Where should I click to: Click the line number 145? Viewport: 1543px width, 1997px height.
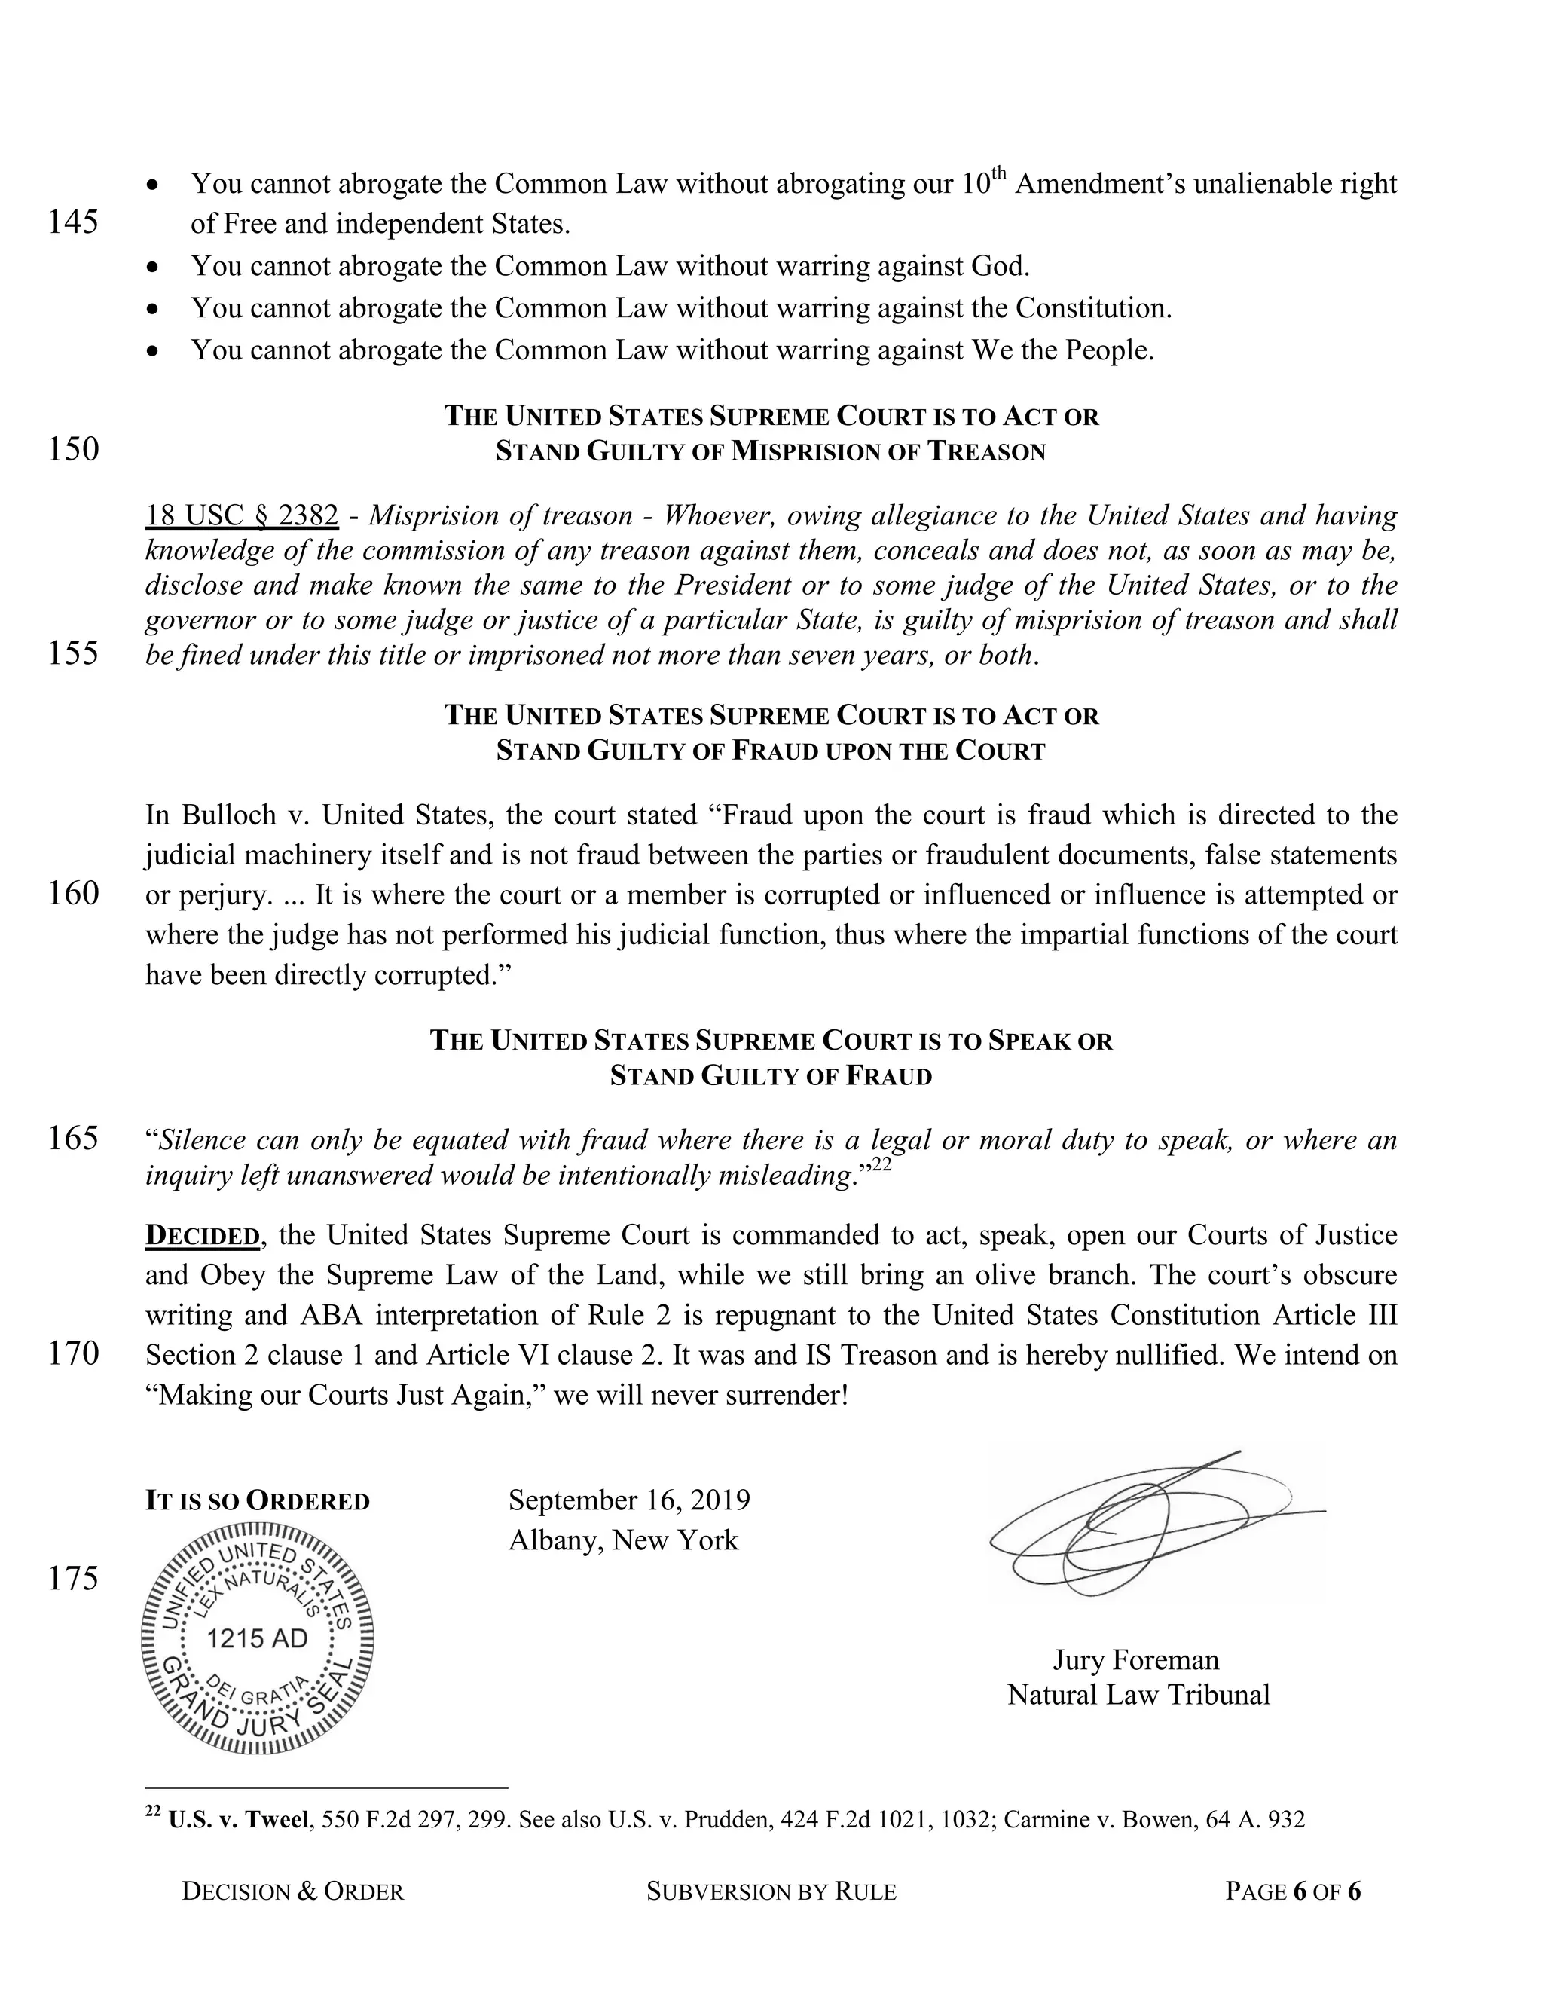[73, 222]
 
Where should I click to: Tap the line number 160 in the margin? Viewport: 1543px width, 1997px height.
[73, 892]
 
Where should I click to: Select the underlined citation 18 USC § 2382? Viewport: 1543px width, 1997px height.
[243, 515]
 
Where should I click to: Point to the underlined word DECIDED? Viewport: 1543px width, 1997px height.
[202, 1235]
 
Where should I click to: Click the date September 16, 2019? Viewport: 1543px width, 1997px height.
[629, 1500]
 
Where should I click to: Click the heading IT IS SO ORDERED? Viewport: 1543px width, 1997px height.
[257, 1501]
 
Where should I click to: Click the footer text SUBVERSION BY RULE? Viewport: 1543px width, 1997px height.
[771, 1891]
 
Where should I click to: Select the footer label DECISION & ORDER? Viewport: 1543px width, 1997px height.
[292, 1891]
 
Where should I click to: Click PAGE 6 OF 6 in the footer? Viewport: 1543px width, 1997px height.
[1293, 1891]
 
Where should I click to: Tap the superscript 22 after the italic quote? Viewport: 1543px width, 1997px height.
[880, 1164]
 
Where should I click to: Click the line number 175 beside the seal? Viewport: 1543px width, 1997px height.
[73, 1578]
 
